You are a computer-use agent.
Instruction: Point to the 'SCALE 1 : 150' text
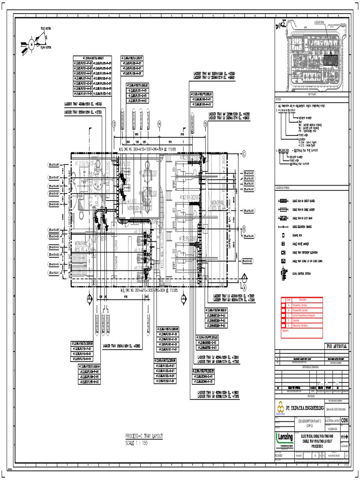(136, 443)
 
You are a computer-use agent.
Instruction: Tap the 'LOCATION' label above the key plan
(319, 22)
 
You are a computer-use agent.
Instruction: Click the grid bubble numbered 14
(159, 123)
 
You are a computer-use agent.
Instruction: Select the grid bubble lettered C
(244, 153)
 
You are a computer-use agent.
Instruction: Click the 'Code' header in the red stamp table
(289, 300)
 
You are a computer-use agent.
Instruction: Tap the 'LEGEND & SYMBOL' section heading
(285, 187)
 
